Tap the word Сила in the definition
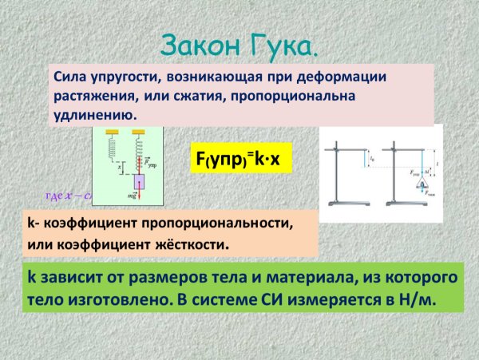coord(71,77)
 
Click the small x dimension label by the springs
coord(119,168)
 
